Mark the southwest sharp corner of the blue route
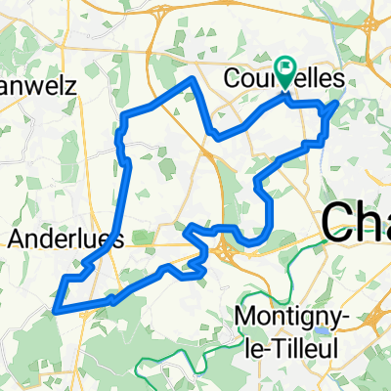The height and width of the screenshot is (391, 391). click(x=55, y=311)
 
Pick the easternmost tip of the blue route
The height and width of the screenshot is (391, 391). click(x=338, y=102)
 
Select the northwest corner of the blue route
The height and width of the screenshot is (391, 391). click(x=124, y=118)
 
